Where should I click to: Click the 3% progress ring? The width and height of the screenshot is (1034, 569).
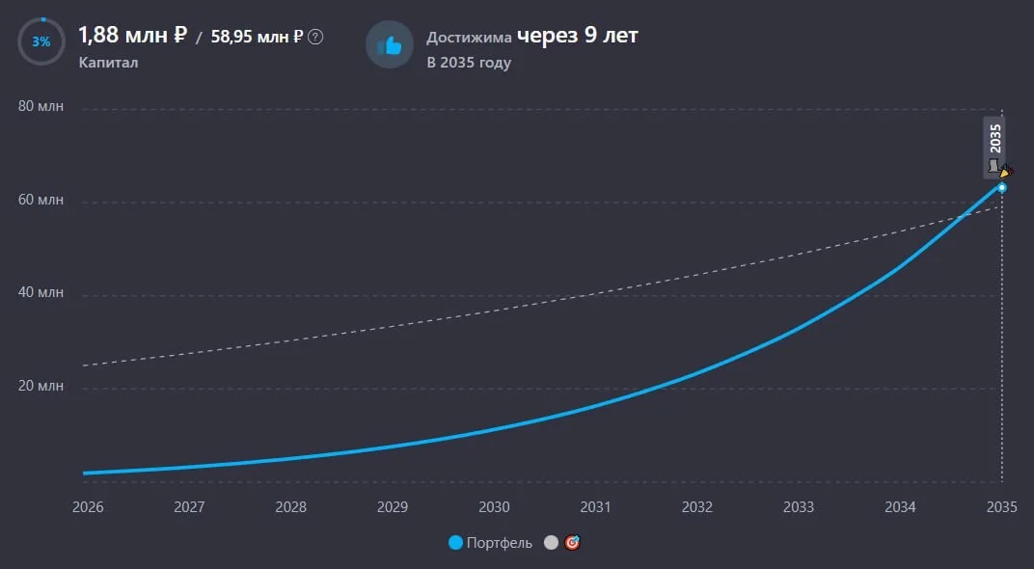coord(41,18)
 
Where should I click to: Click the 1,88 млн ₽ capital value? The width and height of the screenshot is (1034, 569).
coord(132,35)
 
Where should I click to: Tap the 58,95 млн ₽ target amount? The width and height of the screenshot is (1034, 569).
coord(257,37)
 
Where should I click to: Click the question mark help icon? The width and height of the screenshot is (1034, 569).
coord(315,37)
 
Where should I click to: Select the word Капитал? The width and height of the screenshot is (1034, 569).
coord(108,63)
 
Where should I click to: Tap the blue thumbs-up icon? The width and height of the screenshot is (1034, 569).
coord(390,44)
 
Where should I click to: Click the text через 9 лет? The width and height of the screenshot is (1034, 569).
coord(578,36)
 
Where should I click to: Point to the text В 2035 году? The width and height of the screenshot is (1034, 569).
coord(469,63)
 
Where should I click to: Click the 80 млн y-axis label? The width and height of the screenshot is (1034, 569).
coord(41,106)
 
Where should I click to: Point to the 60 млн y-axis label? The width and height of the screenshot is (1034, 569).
coord(41,200)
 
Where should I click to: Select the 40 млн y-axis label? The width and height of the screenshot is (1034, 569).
coord(41,292)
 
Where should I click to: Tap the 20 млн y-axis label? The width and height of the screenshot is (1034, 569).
coord(41,386)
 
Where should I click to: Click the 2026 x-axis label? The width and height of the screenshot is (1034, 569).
coord(88,507)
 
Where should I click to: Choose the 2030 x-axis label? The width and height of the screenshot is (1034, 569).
coord(494,507)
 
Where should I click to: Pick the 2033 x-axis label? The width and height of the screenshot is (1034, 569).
coord(799,507)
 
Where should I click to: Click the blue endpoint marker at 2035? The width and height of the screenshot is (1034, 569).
coord(1001,188)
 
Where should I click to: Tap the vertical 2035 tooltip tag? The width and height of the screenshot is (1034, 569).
coord(994,148)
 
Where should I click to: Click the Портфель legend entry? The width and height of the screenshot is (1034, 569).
coord(490,543)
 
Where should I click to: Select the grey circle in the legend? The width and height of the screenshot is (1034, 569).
coord(552,543)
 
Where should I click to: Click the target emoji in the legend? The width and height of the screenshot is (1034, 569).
coord(572,543)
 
